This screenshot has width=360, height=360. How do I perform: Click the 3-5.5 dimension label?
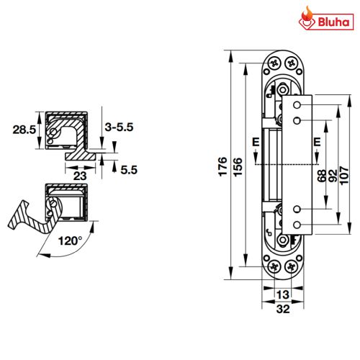pyautogui.click(x=120, y=127)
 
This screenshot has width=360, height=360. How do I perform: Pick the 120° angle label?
pyautogui.click(x=71, y=240)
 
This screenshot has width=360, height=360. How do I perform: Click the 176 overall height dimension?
pyautogui.click(x=222, y=165)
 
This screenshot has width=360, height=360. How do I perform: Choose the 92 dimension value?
pyautogui.click(x=333, y=175)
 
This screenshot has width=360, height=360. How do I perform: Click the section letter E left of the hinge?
pyautogui.click(x=255, y=141)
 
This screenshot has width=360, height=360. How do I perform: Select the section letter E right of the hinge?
pyautogui.click(x=315, y=141)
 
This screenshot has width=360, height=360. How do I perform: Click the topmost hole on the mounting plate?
pyautogui.click(x=297, y=105)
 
